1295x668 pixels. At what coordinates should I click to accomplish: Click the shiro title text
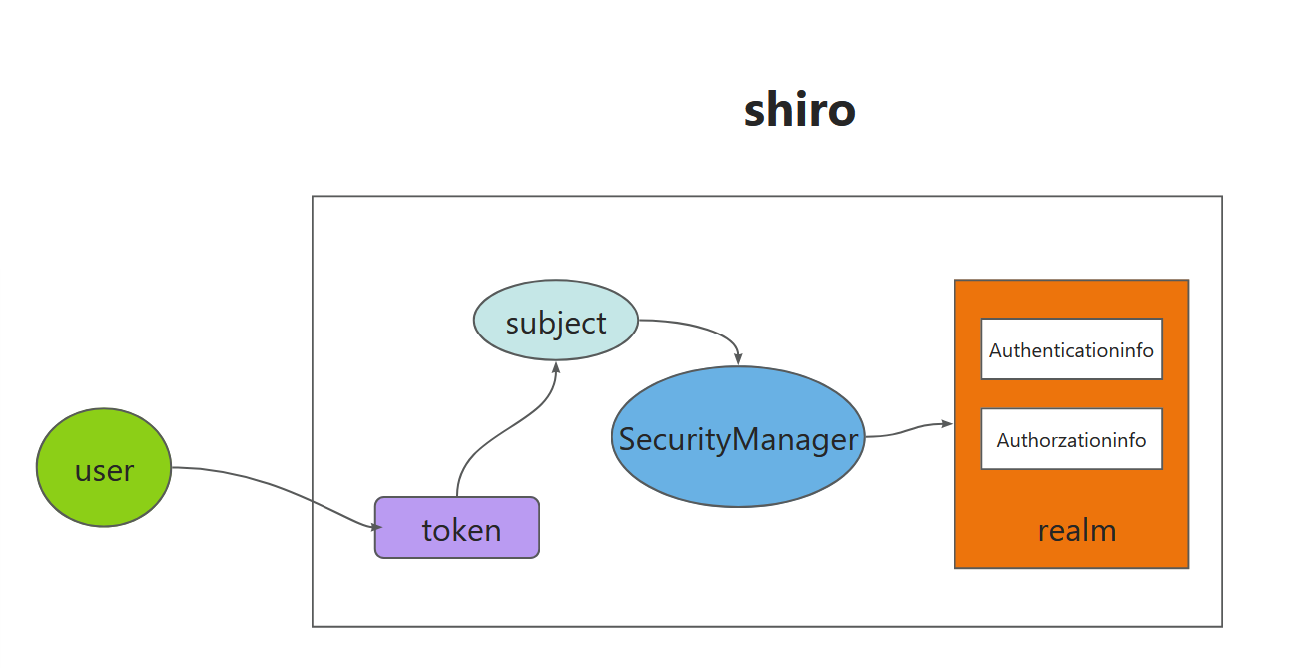(x=799, y=110)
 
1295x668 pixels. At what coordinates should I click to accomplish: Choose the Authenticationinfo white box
(x=1071, y=349)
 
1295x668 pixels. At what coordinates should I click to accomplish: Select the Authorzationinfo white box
(x=1071, y=439)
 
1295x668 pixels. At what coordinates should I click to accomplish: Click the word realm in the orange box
(x=1076, y=530)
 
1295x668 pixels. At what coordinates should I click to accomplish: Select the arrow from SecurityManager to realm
(x=904, y=431)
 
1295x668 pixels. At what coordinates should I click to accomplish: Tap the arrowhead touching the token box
(x=376, y=526)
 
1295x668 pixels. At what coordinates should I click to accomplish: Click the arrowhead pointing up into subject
(x=554, y=366)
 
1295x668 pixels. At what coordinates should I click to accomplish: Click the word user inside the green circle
(x=104, y=470)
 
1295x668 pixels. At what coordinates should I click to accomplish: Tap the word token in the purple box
(x=461, y=529)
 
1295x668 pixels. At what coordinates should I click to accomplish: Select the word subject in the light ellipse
(x=556, y=323)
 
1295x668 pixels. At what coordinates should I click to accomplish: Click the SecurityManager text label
(x=738, y=439)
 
